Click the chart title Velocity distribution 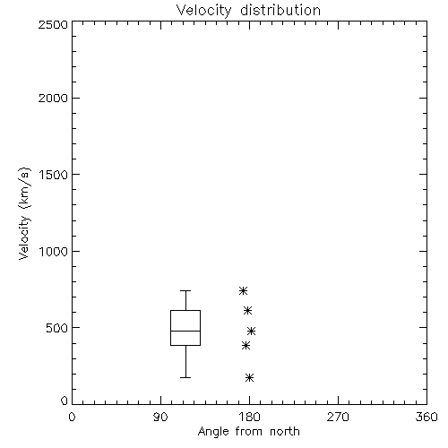point(248,10)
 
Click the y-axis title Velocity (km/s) point(24,214)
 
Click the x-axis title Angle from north point(248,432)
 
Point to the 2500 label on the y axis point(53,24)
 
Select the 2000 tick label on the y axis point(53,98)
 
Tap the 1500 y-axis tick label point(54,175)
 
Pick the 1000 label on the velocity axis point(54,252)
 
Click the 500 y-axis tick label point(57,328)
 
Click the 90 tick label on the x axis point(160,417)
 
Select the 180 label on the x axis point(250,417)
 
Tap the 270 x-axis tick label point(338,417)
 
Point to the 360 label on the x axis point(426,417)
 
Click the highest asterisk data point point(243,290)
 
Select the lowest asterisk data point point(250,378)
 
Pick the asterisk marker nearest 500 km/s point(251,331)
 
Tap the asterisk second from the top point(247,311)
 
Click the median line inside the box point(185,331)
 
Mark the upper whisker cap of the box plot point(185,290)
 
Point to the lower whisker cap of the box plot point(185,377)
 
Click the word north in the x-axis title point(285,432)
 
